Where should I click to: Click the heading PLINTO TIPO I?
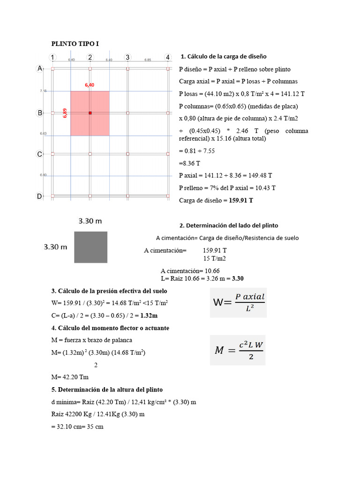tap(75, 44)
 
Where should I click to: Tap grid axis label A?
tap(40, 68)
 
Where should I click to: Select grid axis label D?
tap(40, 196)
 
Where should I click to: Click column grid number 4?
tap(167, 57)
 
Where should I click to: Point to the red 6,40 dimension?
tap(90, 85)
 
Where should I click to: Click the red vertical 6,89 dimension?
tap(65, 113)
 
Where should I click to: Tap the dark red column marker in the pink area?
tap(90, 113)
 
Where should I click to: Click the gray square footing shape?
tap(90, 247)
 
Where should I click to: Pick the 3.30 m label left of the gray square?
tap(56, 247)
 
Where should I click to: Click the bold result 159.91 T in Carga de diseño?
tap(241, 200)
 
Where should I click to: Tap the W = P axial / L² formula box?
tap(238, 302)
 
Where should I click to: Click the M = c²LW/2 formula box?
tap(238, 350)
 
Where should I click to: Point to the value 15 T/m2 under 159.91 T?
tap(215, 259)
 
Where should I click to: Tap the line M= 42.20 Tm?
tap(70, 377)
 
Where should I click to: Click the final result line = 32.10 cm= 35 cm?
tap(77, 427)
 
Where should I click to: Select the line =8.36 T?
tap(190, 164)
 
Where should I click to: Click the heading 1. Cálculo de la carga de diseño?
tap(224, 56)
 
